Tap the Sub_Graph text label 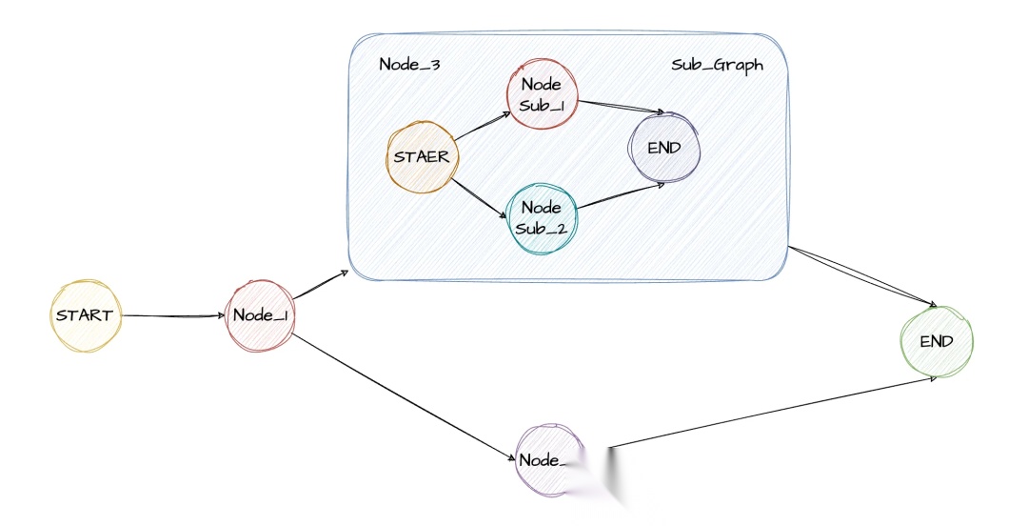pyautogui.click(x=717, y=65)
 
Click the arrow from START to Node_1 pyautogui.click(x=171, y=315)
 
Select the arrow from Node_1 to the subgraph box pyautogui.click(x=318, y=286)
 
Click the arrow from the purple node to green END pyautogui.click(x=771, y=412)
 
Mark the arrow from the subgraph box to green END pyautogui.click(x=861, y=276)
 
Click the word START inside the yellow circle pyautogui.click(x=85, y=314)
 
